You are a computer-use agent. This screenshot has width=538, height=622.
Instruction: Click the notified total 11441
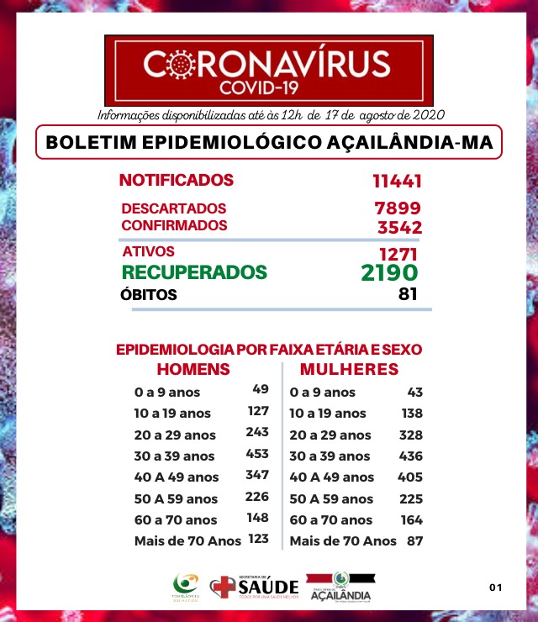pyautogui.click(x=396, y=181)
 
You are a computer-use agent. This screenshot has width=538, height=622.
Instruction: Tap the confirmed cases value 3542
pyautogui.click(x=399, y=226)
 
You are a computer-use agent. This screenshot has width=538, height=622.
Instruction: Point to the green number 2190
pyautogui.click(x=388, y=272)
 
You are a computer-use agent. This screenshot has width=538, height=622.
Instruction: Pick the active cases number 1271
pyautogui.click(x=398, y=253)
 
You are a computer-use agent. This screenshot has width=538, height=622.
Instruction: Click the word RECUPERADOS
pyautogui.click(x=194, y=272)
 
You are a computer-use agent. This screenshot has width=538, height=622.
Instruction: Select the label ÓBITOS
pyautogui.click(x=150, y=295)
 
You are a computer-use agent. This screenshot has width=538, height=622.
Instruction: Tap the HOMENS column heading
pyautogui.click(x=194, y=370)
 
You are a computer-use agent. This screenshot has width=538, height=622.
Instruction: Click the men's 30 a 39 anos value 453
pyautogui.click(x=257, y=455)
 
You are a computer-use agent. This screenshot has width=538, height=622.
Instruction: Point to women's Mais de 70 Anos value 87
pyautogui.click(x=414, y=540)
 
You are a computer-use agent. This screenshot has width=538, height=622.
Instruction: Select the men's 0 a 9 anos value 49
pyautogui.click(x=260, y=389)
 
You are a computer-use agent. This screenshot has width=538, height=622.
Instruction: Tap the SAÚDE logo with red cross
pyautogui.click(x=253, y=587)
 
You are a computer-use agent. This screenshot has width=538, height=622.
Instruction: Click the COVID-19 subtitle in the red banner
pyautogui.click(x=268, y=87)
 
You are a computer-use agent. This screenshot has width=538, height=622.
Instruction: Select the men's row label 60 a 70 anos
pyautogui.click(x=176, y=519)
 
